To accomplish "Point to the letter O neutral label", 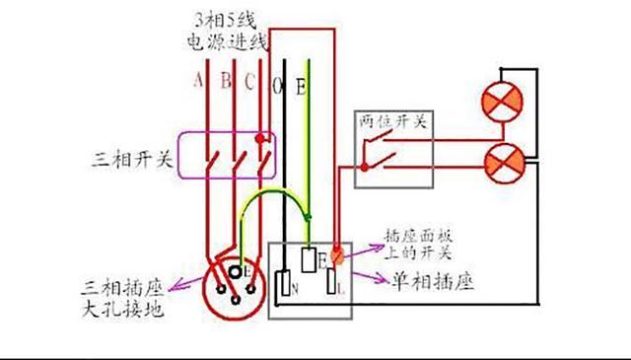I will pos(278,88).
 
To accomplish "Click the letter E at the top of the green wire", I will pos(301,88).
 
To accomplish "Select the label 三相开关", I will pos(128,159).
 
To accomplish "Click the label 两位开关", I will pos(391,121).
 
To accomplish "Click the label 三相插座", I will pos(123,291).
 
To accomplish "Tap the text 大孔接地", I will pos(123,313).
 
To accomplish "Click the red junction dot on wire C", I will pos(261,139).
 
